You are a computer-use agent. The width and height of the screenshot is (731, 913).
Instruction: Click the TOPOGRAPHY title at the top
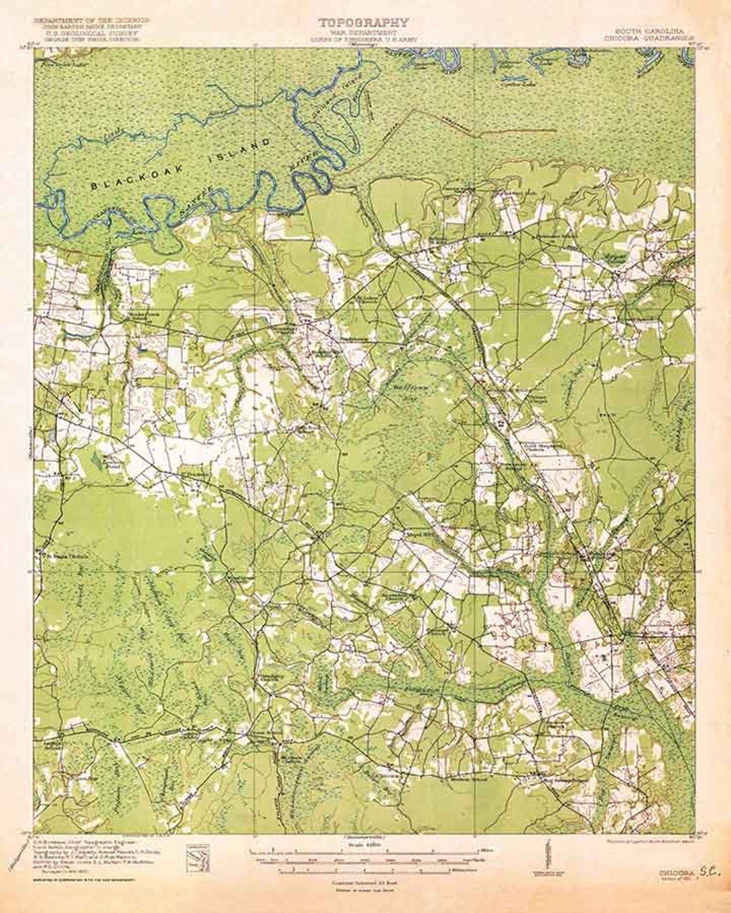click(364, 23)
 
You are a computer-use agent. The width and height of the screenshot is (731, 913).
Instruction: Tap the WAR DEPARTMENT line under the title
click(364, 32)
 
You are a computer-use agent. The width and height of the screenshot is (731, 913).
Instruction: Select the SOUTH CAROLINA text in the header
click(648, 32)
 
